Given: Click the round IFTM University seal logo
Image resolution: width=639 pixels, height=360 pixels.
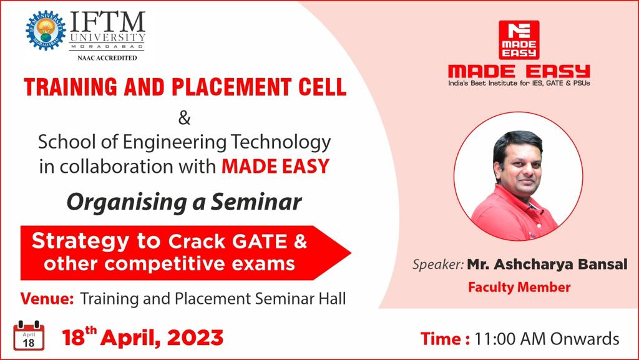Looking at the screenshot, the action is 46,31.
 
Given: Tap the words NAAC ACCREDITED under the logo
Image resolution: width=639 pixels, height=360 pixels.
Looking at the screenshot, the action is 107,58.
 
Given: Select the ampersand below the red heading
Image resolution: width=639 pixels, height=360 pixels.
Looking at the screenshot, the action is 185,119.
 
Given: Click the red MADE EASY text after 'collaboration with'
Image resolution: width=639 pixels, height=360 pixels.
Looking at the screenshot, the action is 275,166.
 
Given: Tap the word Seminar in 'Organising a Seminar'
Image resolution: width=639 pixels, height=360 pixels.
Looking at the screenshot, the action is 256,202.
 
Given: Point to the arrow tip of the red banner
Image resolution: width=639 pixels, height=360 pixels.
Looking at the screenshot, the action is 350,253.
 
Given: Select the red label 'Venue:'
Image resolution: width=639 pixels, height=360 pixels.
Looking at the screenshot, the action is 47,298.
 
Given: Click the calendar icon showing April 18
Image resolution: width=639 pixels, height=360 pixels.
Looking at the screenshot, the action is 29,336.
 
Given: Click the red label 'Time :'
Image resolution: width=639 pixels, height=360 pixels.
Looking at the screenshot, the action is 445,339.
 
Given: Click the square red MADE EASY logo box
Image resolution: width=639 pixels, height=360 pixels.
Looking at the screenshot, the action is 519,40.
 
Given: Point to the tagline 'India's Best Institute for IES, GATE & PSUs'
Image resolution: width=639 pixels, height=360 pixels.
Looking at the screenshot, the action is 519,83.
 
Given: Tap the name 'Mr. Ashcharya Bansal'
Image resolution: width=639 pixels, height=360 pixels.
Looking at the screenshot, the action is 547,265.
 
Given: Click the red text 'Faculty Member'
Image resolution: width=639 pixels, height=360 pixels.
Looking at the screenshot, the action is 519,287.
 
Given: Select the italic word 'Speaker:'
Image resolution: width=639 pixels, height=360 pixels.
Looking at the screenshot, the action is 438,265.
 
